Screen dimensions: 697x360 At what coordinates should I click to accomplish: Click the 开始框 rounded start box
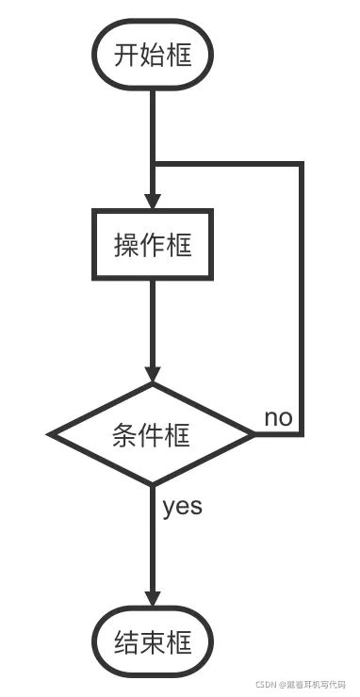coord(153,56)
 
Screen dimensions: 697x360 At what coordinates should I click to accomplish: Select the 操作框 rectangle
coord(153,245)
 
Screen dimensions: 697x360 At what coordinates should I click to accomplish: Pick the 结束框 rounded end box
coord(153,643)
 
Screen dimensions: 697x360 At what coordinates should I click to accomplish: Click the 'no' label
coord(278,417)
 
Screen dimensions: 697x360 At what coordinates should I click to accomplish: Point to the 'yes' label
coord(182,507)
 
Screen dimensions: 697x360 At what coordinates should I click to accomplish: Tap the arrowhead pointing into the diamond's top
coord(153,373)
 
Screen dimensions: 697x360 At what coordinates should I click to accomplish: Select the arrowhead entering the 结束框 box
coord(153,600)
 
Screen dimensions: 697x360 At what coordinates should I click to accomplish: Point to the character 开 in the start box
coord(126,56)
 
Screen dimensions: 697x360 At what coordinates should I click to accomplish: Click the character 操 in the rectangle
coord(126,245)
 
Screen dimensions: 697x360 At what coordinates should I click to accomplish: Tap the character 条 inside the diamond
coord(125,435)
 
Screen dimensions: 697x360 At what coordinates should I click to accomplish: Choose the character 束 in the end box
coord(153,643)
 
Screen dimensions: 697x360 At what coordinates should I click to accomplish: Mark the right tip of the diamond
coord(254,435)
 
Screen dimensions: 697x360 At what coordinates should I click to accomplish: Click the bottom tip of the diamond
coord(153,485)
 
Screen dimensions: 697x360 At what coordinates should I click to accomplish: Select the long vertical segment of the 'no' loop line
coord(302,301)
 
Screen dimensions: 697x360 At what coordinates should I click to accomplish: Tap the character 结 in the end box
coord(126,643)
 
